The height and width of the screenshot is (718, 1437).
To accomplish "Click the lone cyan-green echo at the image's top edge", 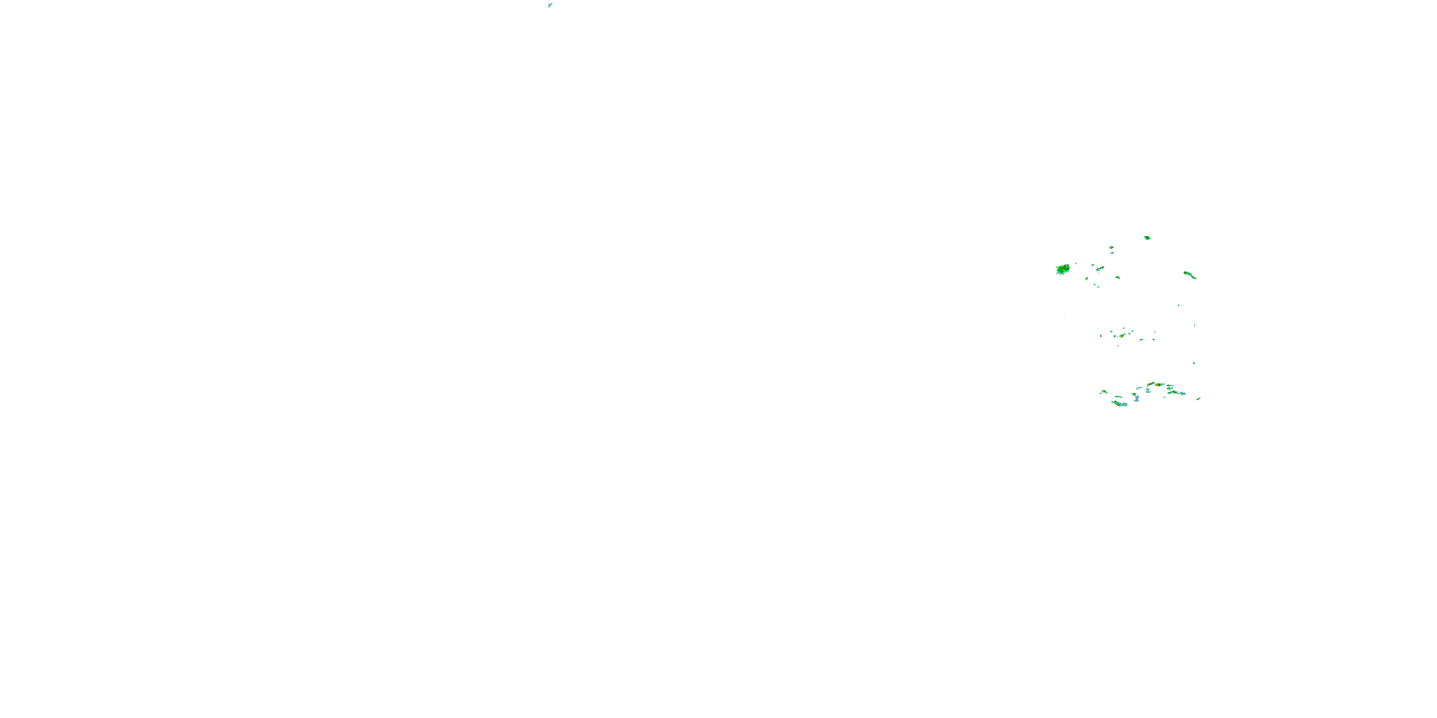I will tap(550, 5).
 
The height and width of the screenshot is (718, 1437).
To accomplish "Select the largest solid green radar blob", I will tap(1063, 269).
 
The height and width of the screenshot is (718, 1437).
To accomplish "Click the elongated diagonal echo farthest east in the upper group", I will tap(1189, 275).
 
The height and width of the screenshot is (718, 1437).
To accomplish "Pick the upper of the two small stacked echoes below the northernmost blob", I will tap(1111, 247).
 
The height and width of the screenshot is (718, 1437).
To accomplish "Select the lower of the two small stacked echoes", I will tap(1112, 253).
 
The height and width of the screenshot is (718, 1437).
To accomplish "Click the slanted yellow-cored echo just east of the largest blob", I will tap(1100, 269).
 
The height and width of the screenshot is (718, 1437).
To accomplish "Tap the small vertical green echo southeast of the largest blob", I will tap(1087, 278).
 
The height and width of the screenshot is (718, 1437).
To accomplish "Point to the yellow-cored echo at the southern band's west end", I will tap(1104, 392).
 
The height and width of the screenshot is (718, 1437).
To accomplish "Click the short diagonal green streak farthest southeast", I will tap(1199, 398).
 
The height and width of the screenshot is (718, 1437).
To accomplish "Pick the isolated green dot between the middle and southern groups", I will tap(1194, 363).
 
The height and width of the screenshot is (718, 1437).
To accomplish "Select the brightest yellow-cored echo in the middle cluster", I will tap(1121, 336).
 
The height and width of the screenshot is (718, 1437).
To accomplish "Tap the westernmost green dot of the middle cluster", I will tap(1101, 336).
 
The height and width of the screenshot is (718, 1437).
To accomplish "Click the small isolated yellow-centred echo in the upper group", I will tap(1118, 277).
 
